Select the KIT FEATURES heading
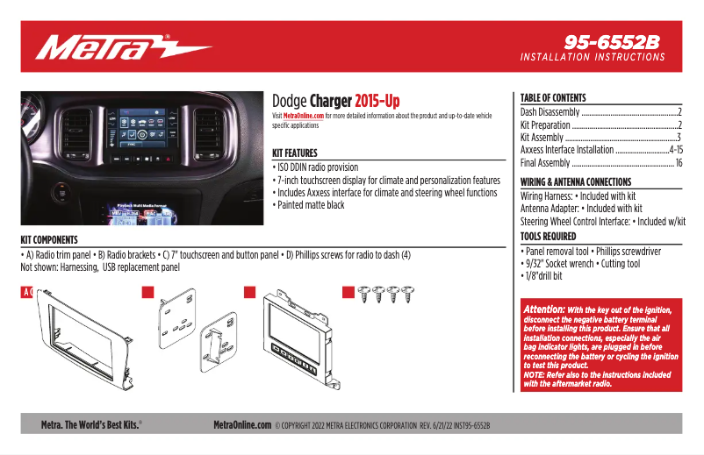coord(295,153)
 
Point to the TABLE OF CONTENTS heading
coord(553,98)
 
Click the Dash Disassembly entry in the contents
coord(550,112)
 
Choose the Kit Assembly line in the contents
coord(542,138)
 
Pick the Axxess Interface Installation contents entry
coord(567,150)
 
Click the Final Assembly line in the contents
coord(545,163)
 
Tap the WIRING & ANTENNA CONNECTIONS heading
coord(576,182)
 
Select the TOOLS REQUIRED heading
coord(549,237)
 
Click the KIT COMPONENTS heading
coord(49,239)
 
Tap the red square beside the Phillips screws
coord(348,293)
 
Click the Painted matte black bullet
coord(310,205)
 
